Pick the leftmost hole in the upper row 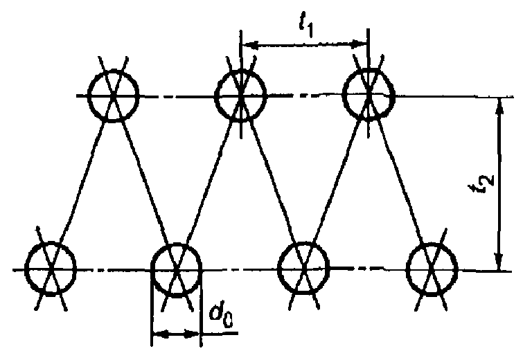[x=114, y=96]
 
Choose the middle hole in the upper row [x=240, y=96]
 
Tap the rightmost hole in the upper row [x=369, y=95]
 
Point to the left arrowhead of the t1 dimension [x=249, y=46]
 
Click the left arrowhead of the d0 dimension [x=158, y=335]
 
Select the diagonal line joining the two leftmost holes [x=82, y=181]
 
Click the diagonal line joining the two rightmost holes [x=400, y=181]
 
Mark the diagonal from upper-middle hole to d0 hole [x=208, y=181]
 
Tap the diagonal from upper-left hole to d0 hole [x=145, y=181]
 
